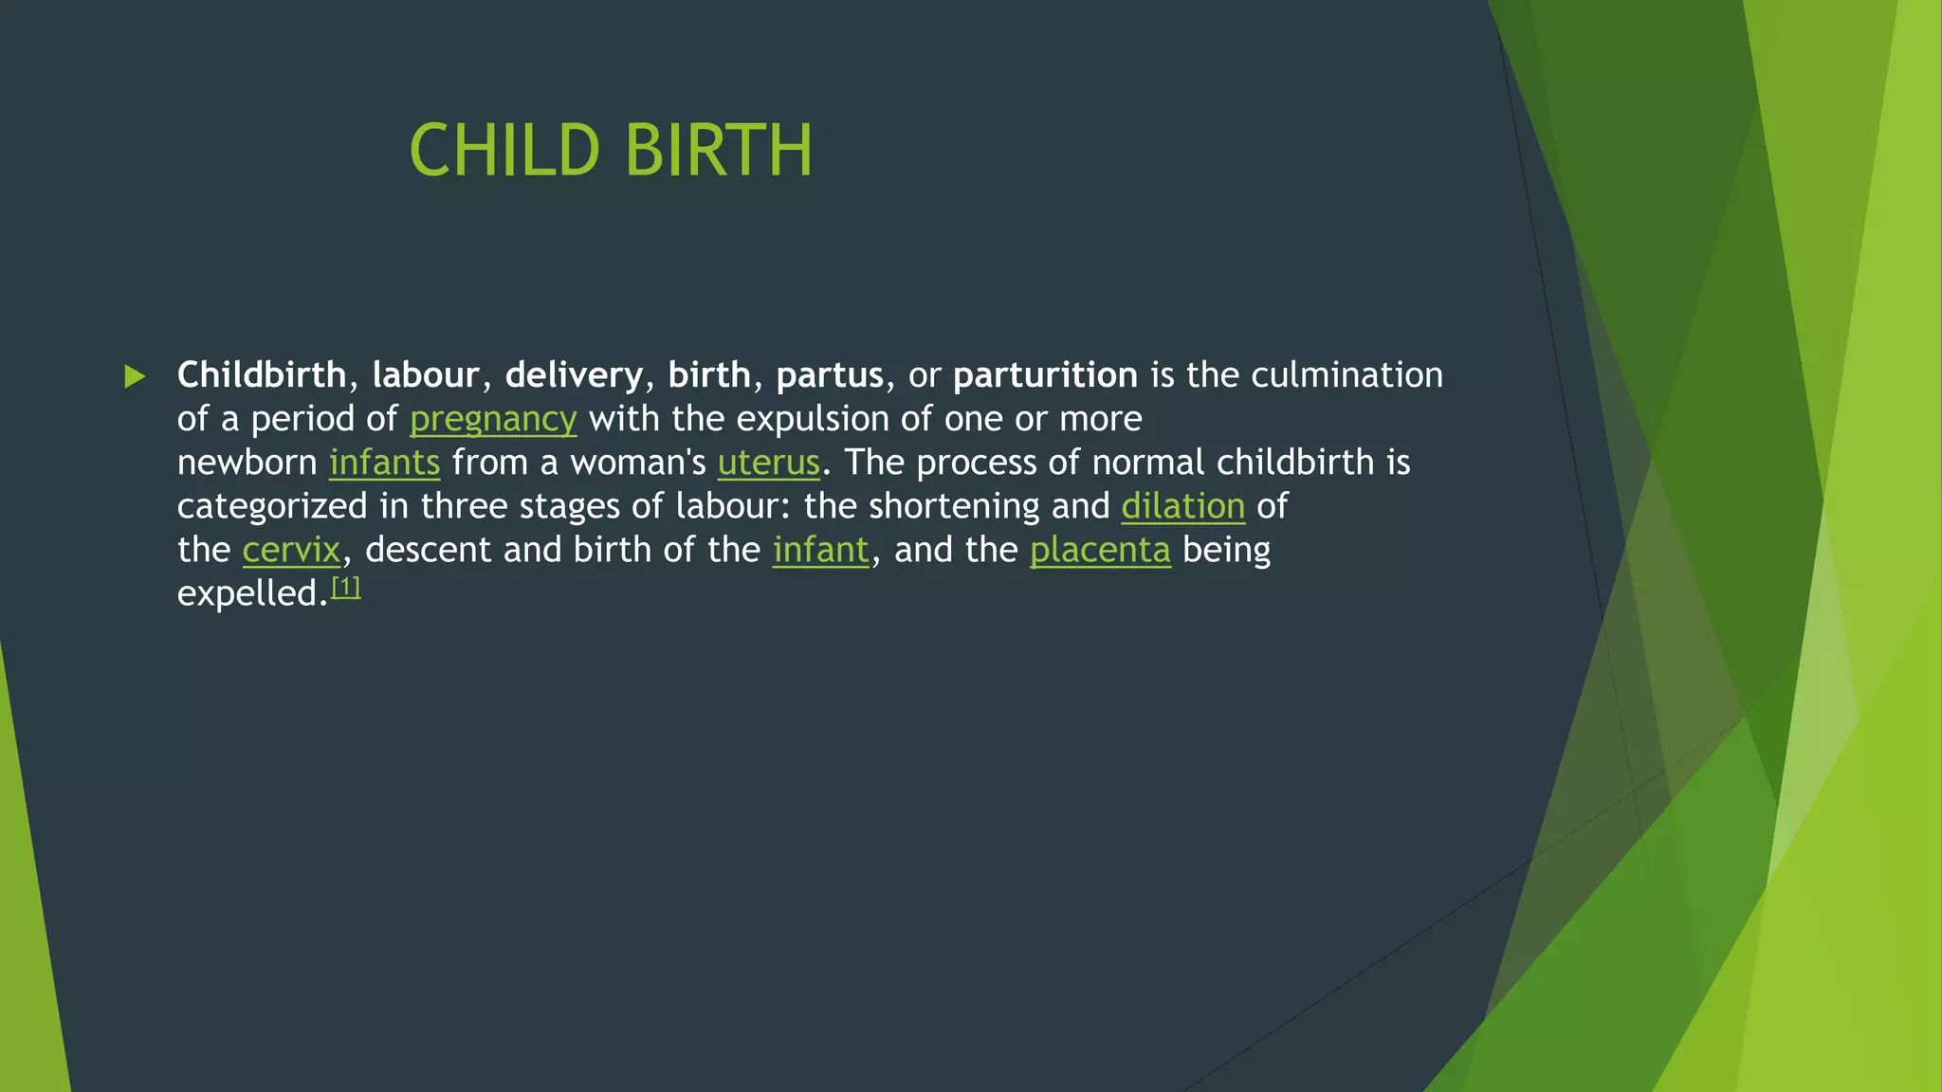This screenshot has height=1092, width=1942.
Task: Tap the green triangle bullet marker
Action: tap(135, 376)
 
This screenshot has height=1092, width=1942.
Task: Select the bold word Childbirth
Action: tap(262, 375)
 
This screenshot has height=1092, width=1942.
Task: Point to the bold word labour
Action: tap(426, 375)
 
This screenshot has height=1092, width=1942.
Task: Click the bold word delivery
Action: tap(574, 375)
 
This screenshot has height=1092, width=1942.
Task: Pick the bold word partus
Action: tap(830, 375)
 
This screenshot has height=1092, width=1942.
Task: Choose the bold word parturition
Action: tap(1045, 375)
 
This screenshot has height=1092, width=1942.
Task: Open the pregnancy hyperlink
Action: tap(493, 419)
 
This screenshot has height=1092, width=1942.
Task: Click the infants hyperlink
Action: tap(384, 463)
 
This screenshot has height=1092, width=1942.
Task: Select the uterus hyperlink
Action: tap(768, 463)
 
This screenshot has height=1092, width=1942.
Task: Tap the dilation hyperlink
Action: tap(1182, 506)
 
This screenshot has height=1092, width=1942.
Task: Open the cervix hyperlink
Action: tap(291, 550)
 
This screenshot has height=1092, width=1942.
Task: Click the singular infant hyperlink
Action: tap(820, 550)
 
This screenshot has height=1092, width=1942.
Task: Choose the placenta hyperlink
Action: tap(1100, 550)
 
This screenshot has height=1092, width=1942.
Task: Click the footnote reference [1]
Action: tap(346, 588)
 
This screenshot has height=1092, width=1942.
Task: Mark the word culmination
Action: tap(1347, 375)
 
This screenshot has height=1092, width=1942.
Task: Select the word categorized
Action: tap(272, 506)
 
